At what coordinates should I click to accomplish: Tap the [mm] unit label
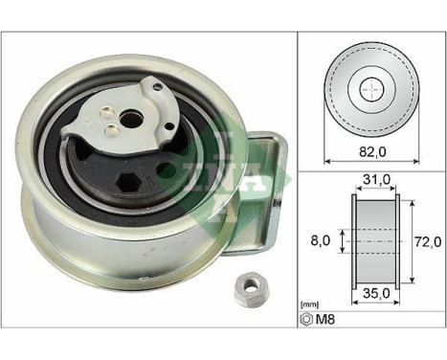(308, 326)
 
